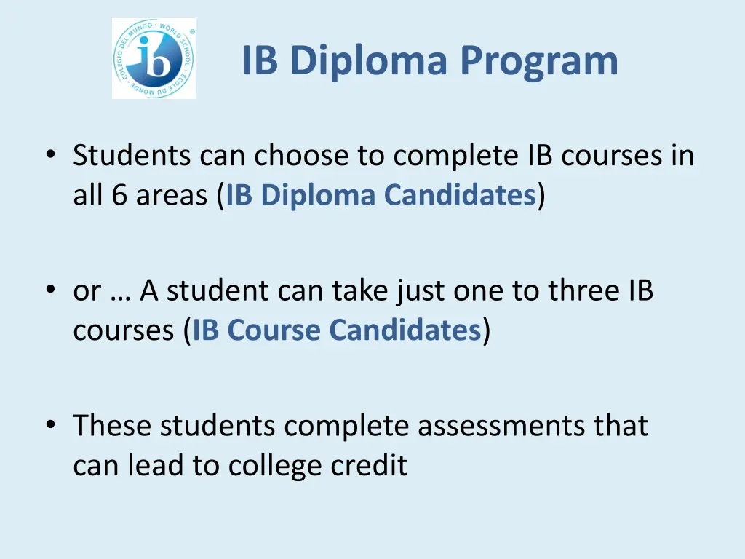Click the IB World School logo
click(x=154, y=59)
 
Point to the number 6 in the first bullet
click(x=118, y=196)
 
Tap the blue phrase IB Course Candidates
click(x=336, y=330)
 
